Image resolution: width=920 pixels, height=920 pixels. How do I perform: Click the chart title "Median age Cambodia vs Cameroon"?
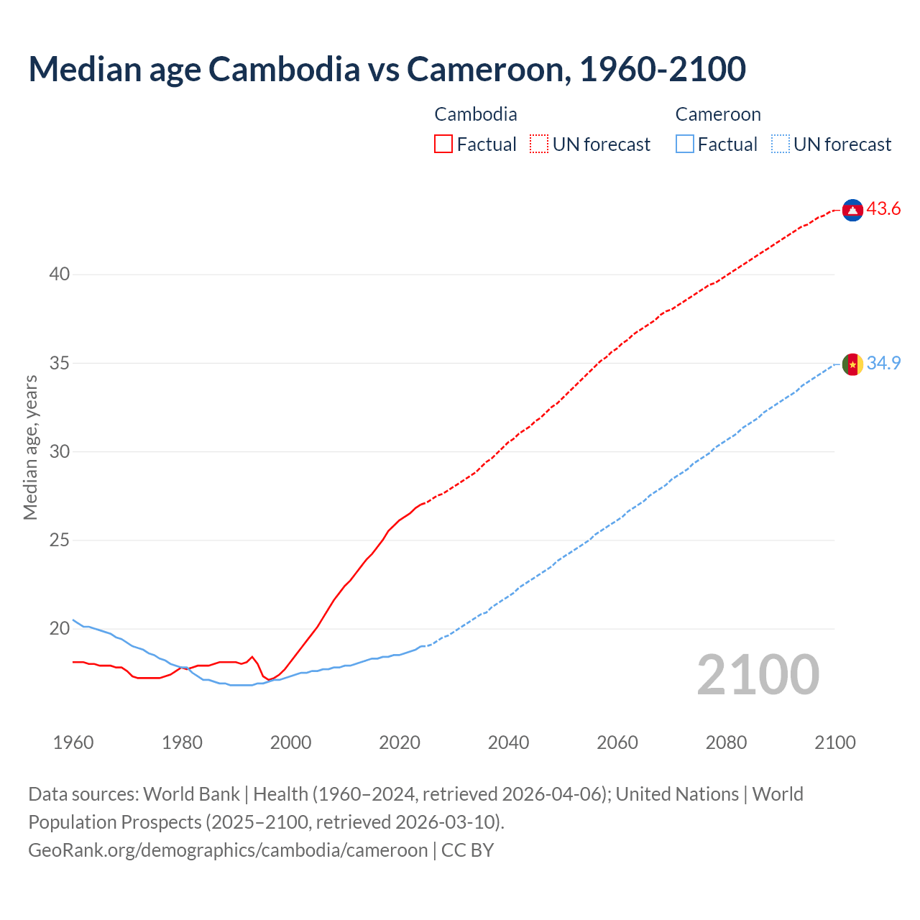[387, 69]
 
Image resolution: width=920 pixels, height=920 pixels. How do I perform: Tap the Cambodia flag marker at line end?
[852, 210]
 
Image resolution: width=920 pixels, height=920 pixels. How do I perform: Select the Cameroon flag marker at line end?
[852, 364]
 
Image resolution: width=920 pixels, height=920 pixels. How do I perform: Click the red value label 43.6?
[883, 209]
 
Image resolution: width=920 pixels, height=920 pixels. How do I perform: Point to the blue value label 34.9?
[883, 364]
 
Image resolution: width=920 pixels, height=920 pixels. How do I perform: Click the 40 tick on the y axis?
[60, 275]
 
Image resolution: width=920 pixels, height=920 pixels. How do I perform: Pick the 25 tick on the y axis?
[60, 540]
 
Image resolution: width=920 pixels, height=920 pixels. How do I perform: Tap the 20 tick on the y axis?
[60, 629]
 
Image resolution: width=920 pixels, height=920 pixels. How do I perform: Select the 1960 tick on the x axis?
[73, 742]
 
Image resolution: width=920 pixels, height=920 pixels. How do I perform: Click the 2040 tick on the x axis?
[508, 742]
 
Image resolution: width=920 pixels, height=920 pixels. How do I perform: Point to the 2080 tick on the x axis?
[726, 742]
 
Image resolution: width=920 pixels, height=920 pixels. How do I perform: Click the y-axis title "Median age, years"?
[30, 447]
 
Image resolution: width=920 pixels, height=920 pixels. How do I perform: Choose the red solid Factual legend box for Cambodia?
[443, 144]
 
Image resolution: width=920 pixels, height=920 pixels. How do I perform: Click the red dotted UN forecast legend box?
[539, 144]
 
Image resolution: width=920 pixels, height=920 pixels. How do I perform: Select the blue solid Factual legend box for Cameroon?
[685, 144]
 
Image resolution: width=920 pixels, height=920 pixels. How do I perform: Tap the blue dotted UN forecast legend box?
[780, 144]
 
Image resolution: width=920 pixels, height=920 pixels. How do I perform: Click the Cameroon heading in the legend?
[717, 114]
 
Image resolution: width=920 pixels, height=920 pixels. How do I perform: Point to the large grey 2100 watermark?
[758, 675]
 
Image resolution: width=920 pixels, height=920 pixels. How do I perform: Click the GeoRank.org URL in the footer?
[228, 850]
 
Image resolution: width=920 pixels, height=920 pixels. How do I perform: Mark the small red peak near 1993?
[252, 657]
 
